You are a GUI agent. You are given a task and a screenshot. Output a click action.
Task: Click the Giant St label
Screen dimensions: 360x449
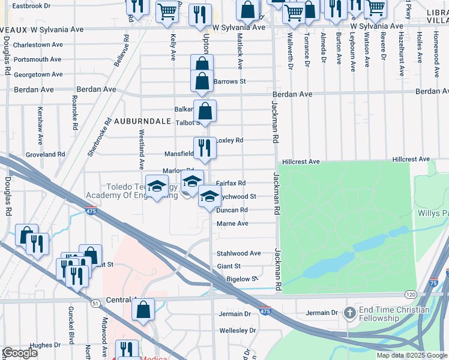click(229, 266)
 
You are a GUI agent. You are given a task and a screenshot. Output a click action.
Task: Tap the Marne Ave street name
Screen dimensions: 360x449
click(232, 223)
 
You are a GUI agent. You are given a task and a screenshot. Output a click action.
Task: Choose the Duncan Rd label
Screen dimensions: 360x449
click(232, 210)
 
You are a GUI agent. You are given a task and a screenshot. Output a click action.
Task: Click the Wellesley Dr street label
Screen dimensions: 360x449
click(238, 330)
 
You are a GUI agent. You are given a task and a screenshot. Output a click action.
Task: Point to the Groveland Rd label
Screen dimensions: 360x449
click(45, 154)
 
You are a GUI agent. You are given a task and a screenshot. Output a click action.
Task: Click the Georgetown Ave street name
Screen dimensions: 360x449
click(38, 74)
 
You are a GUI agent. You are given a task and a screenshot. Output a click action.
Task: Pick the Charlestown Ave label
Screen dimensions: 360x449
click(38, 45)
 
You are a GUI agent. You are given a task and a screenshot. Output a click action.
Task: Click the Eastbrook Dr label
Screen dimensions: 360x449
click(32, 5)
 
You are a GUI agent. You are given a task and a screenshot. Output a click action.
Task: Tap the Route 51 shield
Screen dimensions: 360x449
click(95, 304)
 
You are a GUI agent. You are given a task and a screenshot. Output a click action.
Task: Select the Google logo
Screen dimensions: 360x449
click(20, 352)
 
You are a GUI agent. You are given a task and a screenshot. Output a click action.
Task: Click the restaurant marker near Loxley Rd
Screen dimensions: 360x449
click(205, 148)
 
